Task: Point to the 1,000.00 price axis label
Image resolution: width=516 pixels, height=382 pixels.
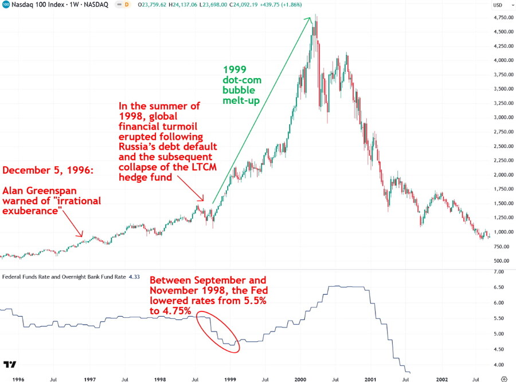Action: click(x=501, y=232)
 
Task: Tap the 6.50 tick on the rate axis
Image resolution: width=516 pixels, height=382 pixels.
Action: click(x=498, y=287)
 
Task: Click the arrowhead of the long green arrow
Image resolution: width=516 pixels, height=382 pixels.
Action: click(x=310, y=19)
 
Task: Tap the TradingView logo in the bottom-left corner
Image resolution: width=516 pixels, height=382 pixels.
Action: click(x=9, y=365)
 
